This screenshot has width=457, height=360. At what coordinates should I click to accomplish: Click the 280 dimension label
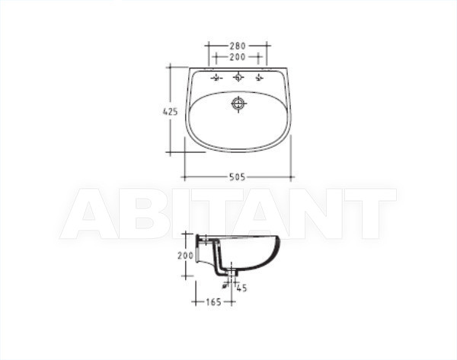[238, 46]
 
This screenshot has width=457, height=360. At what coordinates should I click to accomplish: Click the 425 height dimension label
[170, 112]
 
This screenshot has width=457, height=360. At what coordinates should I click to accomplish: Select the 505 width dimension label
[237, 177]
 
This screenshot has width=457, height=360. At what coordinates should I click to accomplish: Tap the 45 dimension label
[241, 288]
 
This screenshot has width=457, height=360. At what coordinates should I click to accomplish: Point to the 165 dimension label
[213, 302]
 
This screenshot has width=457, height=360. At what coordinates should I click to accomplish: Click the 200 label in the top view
[238, 57]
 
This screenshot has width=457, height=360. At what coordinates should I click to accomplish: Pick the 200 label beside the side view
[185, 256]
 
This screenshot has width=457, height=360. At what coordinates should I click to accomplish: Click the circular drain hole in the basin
[238, 104]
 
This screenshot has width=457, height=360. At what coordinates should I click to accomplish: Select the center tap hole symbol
[238, 78]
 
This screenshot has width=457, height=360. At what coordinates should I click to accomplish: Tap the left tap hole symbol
[216, 78]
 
